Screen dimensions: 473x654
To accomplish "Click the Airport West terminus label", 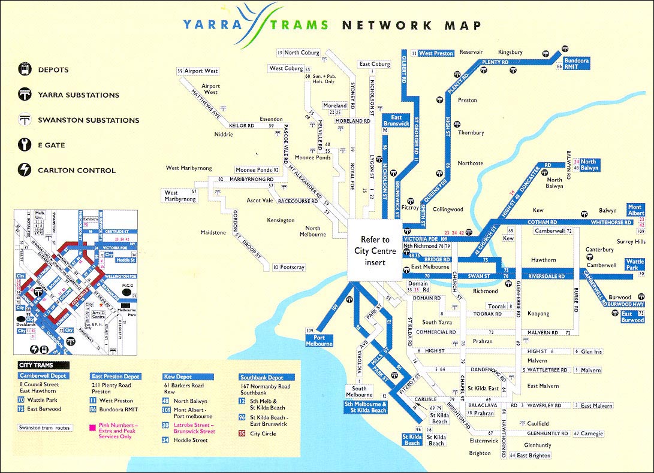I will (x=200, y=71).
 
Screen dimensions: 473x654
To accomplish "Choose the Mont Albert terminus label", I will (x=635, y=210).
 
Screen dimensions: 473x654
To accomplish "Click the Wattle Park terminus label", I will (x=635, y=265).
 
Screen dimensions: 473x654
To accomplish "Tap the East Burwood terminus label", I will (x=632, y=317).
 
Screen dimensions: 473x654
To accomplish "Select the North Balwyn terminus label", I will (x=589, y=165).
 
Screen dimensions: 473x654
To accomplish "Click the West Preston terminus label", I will (x=436, y=53).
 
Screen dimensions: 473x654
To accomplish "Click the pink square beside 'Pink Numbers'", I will (x=92, y=428).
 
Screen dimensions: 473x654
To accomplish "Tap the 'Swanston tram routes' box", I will (x=45, y=427).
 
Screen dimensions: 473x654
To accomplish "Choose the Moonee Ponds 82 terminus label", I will (x=257, y=170).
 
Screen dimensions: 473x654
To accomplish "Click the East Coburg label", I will (x=375, y=64).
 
